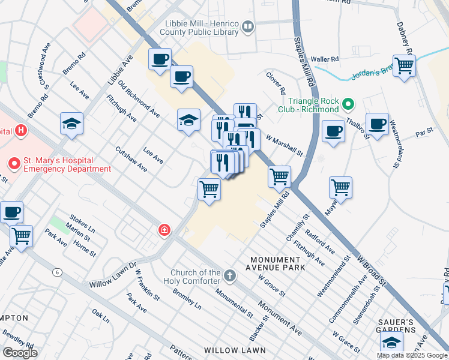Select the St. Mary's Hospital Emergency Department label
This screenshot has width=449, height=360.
(59, 164)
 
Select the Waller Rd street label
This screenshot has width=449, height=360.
(325, 59)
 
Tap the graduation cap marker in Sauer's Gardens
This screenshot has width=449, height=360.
(391, 342)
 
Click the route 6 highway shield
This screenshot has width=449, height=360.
(57, 272)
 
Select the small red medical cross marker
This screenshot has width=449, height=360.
(163, 230)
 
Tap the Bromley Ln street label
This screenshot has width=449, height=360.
(187, 298)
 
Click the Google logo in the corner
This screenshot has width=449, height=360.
(20, 353)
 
